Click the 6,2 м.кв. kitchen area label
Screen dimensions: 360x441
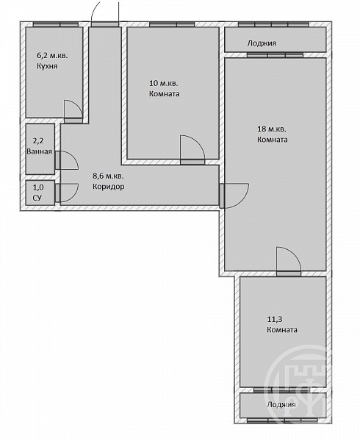53,55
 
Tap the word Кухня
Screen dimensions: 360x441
47,66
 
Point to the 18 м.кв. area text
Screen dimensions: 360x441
272,129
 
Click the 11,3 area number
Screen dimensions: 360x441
274,319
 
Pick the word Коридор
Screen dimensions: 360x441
109,187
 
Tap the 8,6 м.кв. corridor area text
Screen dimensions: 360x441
108,176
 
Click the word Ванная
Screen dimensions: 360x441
40,151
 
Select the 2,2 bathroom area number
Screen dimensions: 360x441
38,141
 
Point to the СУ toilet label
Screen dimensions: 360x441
37,198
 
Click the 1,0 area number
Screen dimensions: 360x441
38,187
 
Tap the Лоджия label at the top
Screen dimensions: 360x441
262,43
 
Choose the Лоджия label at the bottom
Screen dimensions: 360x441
281,404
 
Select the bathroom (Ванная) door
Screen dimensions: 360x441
67,160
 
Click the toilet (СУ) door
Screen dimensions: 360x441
67,193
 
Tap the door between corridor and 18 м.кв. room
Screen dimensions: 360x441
234,196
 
